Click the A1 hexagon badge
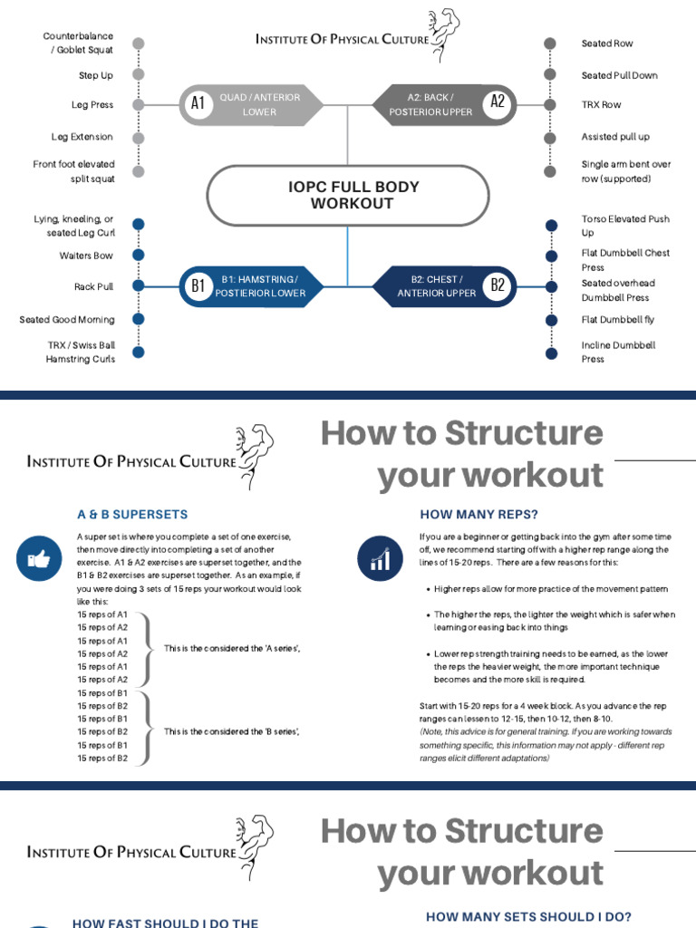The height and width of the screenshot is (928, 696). [198, 104]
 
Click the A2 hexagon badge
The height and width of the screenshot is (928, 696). [497, 102]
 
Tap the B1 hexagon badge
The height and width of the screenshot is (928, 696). [198, 286]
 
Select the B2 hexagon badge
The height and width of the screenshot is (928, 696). [497, 286]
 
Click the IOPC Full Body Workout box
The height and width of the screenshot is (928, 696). [347, 195]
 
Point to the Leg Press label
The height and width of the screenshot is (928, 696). [92, 105]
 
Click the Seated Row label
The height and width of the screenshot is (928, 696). [607, 43]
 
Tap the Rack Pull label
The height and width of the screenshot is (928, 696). [94, 287]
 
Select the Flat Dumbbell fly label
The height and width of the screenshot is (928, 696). [619, 320]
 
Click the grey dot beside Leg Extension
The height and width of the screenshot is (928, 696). [138, 138]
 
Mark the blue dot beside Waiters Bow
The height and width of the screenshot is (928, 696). [138, 256]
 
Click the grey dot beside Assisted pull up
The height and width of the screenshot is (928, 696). [549, 138]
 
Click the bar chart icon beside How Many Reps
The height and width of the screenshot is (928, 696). [379, 559]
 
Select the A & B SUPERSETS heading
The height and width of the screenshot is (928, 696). [132, 515]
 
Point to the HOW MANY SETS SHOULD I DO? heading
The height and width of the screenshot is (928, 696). [529, 917]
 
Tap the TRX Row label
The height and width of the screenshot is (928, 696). [602, 105]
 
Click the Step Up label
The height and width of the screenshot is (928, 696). [96, 76]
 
